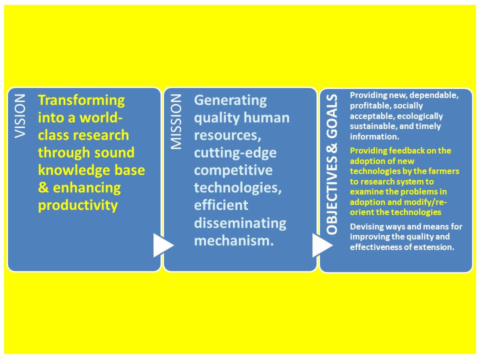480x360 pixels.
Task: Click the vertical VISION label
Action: (x=20, y=116)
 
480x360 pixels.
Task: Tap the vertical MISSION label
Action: (x=176, y=121)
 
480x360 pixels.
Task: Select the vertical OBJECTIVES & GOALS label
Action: (x=332, y=164)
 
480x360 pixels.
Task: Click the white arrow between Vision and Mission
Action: (x=163, y=245)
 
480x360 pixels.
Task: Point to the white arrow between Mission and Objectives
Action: (x=322, y=245)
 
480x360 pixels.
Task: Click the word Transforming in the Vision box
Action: (x=81, y=100)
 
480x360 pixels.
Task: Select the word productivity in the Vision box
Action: (x=78, y=205)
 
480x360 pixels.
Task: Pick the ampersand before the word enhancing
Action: (x=43, y=187)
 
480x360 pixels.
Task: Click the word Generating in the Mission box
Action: (x=230, y=100)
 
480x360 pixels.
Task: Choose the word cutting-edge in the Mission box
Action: (x=235, y=153)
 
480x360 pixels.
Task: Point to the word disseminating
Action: (x=240, y=223)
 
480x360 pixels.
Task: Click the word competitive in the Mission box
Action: (x=233, y=170)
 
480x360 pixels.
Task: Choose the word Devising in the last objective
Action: (x=365, y=227)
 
